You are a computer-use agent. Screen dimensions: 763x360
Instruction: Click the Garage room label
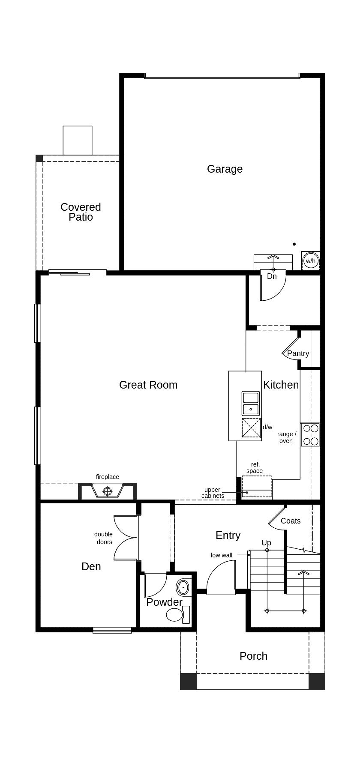(225, 169)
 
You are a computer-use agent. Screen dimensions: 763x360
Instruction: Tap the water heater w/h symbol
(310, 261)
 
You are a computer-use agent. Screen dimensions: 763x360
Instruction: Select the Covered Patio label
(81, 212)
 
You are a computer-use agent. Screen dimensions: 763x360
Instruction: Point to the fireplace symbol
(107, 490)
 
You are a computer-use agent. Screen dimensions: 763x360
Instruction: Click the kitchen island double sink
(251, 403)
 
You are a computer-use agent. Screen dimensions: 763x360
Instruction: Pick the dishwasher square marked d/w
(252, 428)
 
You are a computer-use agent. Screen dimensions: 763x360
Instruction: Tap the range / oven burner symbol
(310, 434)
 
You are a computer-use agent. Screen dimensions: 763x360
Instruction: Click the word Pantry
(298, 353)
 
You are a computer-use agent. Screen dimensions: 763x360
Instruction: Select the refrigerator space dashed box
(256, 486)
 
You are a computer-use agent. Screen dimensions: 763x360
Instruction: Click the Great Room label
(148, 385)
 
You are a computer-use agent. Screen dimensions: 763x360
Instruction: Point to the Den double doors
(125, 538)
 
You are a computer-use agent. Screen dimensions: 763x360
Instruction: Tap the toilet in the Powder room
(175, 615)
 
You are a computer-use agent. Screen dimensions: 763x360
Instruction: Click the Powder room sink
(183, 587)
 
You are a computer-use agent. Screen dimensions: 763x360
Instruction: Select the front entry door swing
(221, 578)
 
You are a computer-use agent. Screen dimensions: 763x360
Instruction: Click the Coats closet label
(291, 521)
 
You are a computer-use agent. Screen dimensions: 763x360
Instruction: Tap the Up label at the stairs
(266, 543)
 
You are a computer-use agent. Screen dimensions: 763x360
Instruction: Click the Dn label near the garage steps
(272, 276)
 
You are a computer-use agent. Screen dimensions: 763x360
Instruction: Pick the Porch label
(253, 656)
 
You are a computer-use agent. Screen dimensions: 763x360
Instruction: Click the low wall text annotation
(222, 555)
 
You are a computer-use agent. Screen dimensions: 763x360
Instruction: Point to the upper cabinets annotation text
(213, 493)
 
